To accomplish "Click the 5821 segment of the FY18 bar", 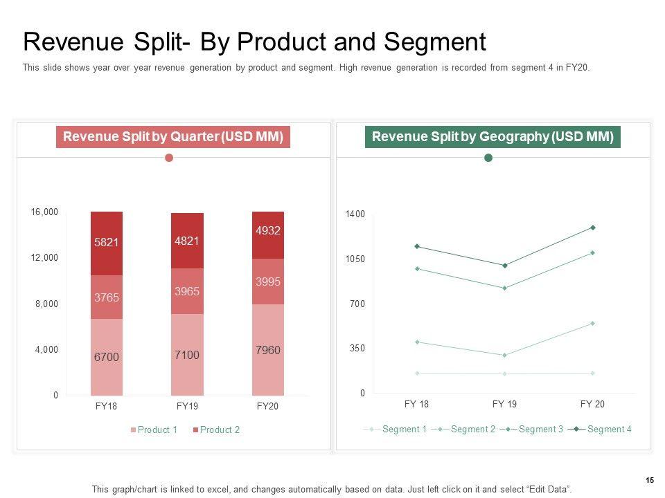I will click(107, 243).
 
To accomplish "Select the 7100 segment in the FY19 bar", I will click(187, 355).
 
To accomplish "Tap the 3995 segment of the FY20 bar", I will click(268, 282).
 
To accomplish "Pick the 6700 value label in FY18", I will click(107, 357).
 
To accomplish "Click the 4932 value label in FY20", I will click(268, 230).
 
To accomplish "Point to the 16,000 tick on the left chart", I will click(44, 212).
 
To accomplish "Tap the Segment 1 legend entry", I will click(404, 429).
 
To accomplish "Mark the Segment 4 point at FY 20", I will click(593, 228).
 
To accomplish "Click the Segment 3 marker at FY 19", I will click(505, 288).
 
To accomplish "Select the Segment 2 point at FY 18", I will click(417, 342).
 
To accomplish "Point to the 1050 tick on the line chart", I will click(355, 259).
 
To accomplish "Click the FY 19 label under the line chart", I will click(505, 404).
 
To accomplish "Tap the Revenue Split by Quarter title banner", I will click(172, 137).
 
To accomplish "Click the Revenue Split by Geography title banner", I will click(493, 137).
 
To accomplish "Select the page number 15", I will click(650, 480).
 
